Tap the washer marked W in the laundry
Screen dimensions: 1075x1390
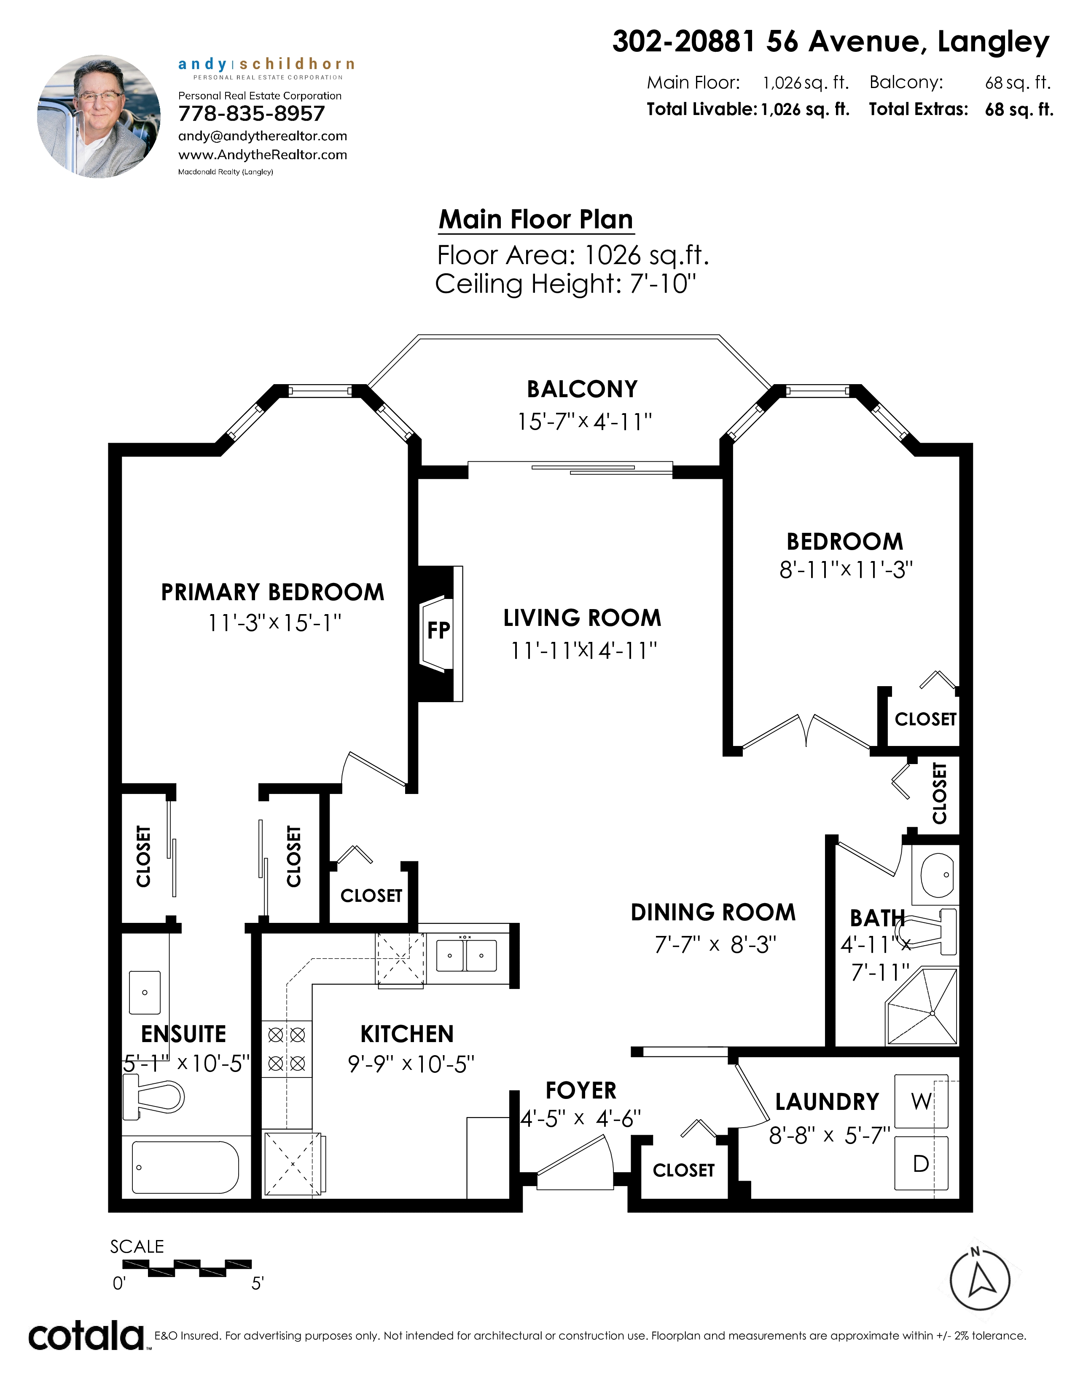point(921,1101)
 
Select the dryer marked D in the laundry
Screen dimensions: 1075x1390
point(921,1163)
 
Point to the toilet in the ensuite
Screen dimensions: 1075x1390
point(153,1096)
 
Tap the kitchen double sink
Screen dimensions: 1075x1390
point(466,955)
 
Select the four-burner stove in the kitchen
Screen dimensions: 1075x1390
point(287,1048)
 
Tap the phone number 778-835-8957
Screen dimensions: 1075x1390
point(252,113)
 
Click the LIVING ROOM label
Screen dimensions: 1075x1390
point(582,618)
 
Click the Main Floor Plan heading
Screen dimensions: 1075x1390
point(536,219)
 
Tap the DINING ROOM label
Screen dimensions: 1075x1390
point(713,912)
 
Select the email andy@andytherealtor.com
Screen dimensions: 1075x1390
point(262,136)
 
